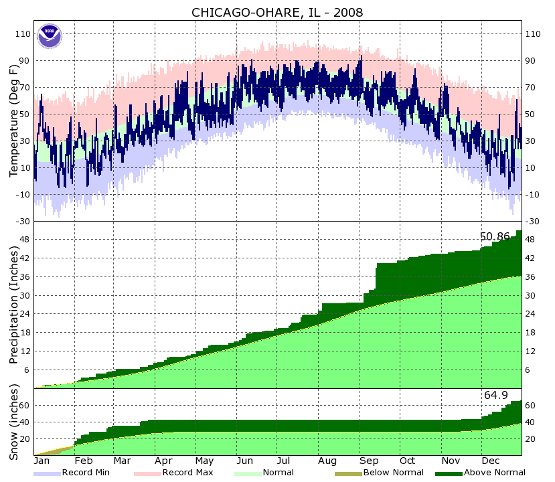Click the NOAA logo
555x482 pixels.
click(x=49, y=35)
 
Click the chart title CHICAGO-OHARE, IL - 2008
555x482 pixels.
click(x=277, y=13)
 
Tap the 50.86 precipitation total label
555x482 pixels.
click(x=495, y=236)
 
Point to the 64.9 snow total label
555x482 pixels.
click(x=496, y=396)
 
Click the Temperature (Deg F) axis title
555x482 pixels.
click(x=14, y=120)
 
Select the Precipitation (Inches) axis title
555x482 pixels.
click(x=14, y=305)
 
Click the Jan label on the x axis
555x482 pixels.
click(x=42, y=461)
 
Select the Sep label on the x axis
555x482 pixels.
click(x=368, y=461)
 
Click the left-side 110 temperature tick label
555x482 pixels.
click(x=23, y=33)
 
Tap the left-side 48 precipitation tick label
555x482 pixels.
click(x=25, y=240)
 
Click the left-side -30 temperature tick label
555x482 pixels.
click(x=23, y=221)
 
